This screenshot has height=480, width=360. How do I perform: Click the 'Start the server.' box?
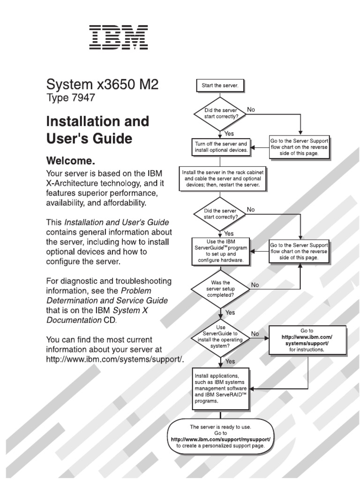pos(220,86)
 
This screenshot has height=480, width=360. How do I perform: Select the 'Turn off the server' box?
pos(220,147)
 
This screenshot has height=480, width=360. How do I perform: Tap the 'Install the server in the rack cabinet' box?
pos(223,179)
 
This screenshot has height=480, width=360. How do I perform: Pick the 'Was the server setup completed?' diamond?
pos(220,289)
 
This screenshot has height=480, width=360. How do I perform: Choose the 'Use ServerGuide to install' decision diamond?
pos(220,337)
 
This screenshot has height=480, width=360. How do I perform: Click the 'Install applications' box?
pos(220,389)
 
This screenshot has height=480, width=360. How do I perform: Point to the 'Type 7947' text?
pos(70,98)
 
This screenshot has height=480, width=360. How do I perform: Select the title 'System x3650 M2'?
pos(102,85)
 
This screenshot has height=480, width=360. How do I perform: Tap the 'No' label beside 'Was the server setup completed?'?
pos(255,285)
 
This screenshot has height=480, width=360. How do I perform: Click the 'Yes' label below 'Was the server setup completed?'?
pos(230,312)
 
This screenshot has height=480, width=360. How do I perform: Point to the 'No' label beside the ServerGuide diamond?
pos(255,334)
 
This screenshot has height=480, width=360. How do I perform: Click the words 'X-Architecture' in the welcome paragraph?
pos(75,183)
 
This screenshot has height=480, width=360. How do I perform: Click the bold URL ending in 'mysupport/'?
pos(220,439)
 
